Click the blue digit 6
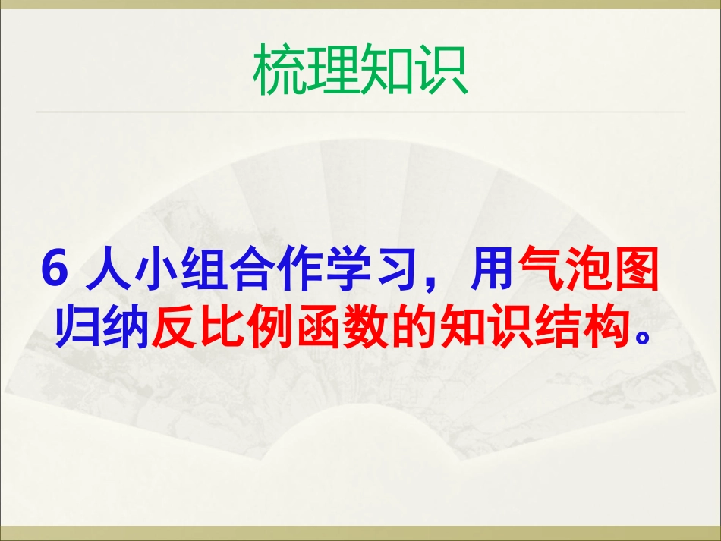point(55,270)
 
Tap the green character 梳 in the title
point(280,72)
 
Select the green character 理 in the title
point(333,72)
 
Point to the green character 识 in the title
point(441,72)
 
